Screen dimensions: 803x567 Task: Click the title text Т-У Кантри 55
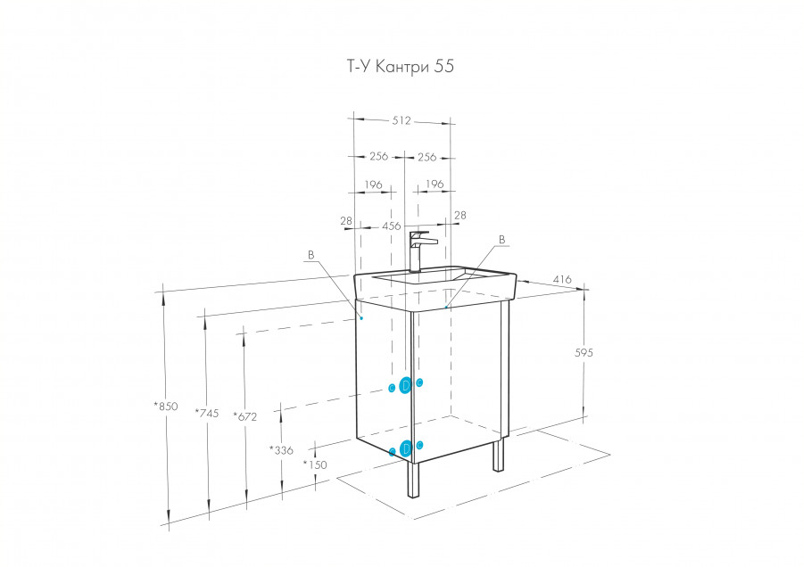[401, 67]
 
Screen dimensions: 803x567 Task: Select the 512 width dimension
[401, 120]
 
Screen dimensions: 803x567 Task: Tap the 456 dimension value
[392, 226]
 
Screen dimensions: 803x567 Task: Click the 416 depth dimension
[562, 279]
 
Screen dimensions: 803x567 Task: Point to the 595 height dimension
[584, 352]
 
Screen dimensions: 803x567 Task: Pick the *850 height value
[166, 407]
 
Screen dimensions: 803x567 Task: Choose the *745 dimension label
[206, 413]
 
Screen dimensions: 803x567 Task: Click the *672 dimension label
[244, 416]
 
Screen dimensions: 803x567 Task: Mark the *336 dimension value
[281, 450]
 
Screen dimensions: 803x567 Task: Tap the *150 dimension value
[315, 464]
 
